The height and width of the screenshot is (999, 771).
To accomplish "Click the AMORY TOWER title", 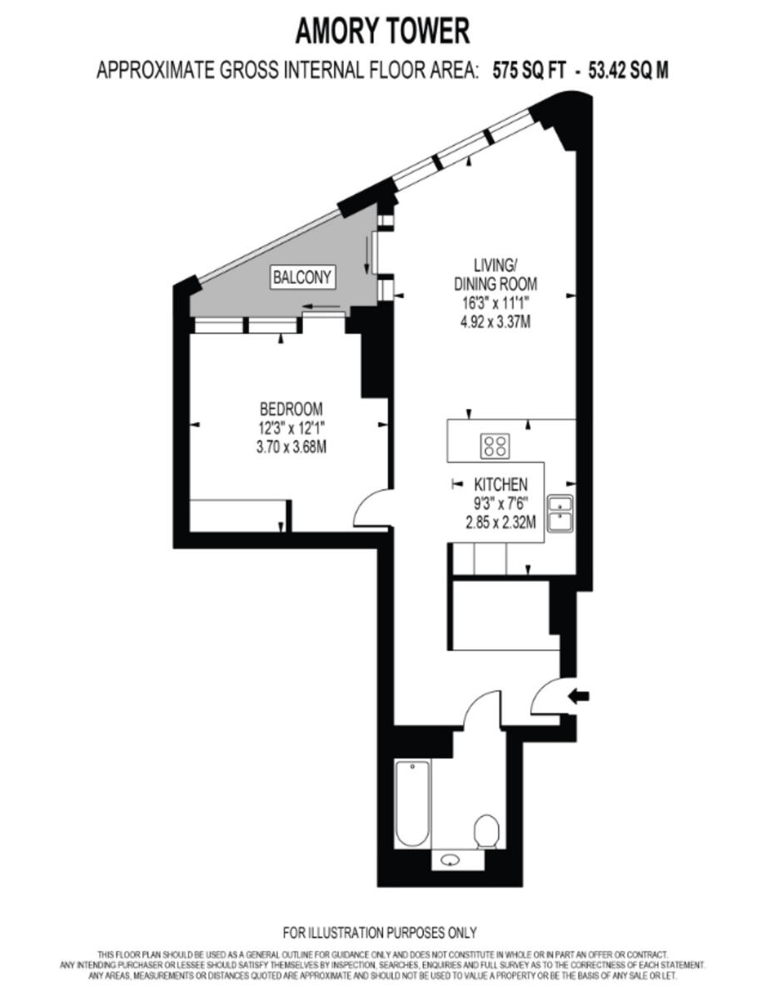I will [382, 32].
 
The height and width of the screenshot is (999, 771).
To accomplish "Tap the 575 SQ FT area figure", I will [530, 70].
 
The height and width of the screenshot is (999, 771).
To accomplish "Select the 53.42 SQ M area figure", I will [628, 70].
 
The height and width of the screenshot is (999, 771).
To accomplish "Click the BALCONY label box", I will [303, 277].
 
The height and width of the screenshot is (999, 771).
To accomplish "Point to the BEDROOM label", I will [291, 409].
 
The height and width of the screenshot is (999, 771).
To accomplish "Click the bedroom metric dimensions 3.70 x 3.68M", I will [291, 447].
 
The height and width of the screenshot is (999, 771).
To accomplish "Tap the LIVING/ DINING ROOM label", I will [495, 275].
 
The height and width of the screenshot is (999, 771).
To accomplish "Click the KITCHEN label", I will [500, 485].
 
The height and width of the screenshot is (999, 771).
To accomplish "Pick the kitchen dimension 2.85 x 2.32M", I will [500, 523].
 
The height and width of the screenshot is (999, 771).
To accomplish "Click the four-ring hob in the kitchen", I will [494, 446].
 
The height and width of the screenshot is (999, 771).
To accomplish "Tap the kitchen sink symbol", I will [560, 513].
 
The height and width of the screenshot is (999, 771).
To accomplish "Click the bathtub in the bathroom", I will [413, 803].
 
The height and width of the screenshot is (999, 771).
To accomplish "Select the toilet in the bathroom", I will [486, 831].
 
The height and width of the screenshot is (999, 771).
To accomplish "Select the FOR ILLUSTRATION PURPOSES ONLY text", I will [380, 932].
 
